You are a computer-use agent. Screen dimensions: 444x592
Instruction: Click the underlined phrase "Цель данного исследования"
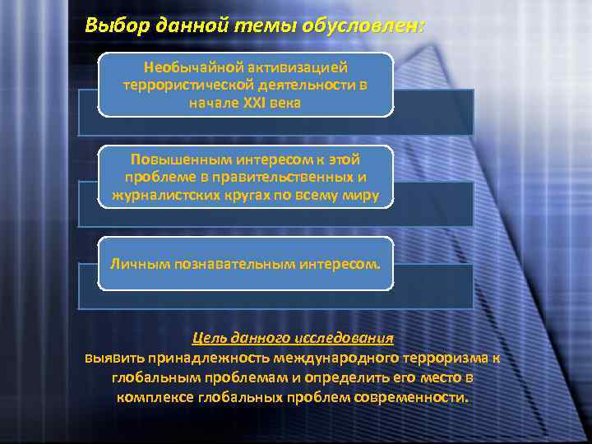tap(293, 338)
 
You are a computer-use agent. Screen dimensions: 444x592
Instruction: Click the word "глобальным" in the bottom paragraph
tap(160, 377)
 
